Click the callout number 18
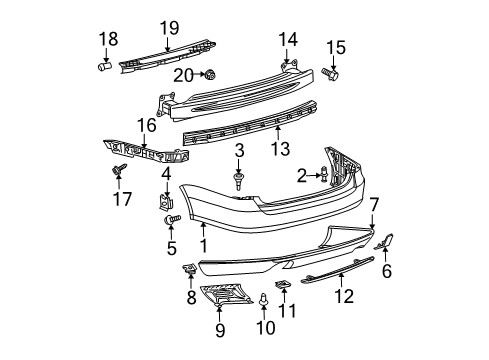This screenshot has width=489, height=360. (x=108, y=39)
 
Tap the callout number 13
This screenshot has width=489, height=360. (x=280, y=148)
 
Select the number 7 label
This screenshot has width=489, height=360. (x=374, y=205)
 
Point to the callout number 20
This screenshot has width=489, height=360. (x=183, y=76)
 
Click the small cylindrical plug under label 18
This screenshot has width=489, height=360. (x=104, y=66)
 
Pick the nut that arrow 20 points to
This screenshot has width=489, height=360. (x=210, y=75)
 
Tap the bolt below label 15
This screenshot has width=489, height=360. (x=330, y=74)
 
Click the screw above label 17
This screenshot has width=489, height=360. (x=119, y=169)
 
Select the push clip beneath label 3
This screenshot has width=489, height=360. (x=238, y=181)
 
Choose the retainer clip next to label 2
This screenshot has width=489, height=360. (x=324, y=174)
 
